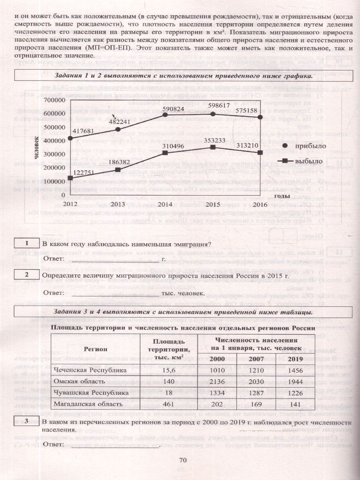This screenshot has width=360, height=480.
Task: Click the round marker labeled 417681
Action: click(x=70, y=138)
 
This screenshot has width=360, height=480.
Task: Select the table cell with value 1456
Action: click(x=295, y=370)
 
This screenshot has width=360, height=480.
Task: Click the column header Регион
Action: click(x=95, y=349)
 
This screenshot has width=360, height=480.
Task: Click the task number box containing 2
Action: click(x=26, y=274)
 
